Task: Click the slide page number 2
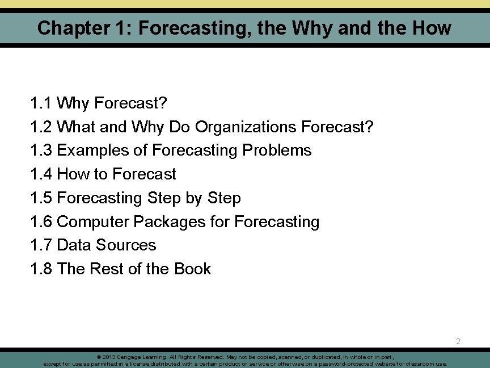click(x=458, y=342)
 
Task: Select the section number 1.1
click(x=41, y=103)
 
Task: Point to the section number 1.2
click(x=41, y=127)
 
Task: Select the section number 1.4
click(x=41, y=174)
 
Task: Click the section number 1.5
click(x=41, y=198)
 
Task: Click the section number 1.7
click(x=41, y=245)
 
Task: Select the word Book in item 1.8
click(x=193, y=269)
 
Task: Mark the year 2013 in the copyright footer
click(x=109, y=357)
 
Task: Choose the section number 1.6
click(x=41, y=221)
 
